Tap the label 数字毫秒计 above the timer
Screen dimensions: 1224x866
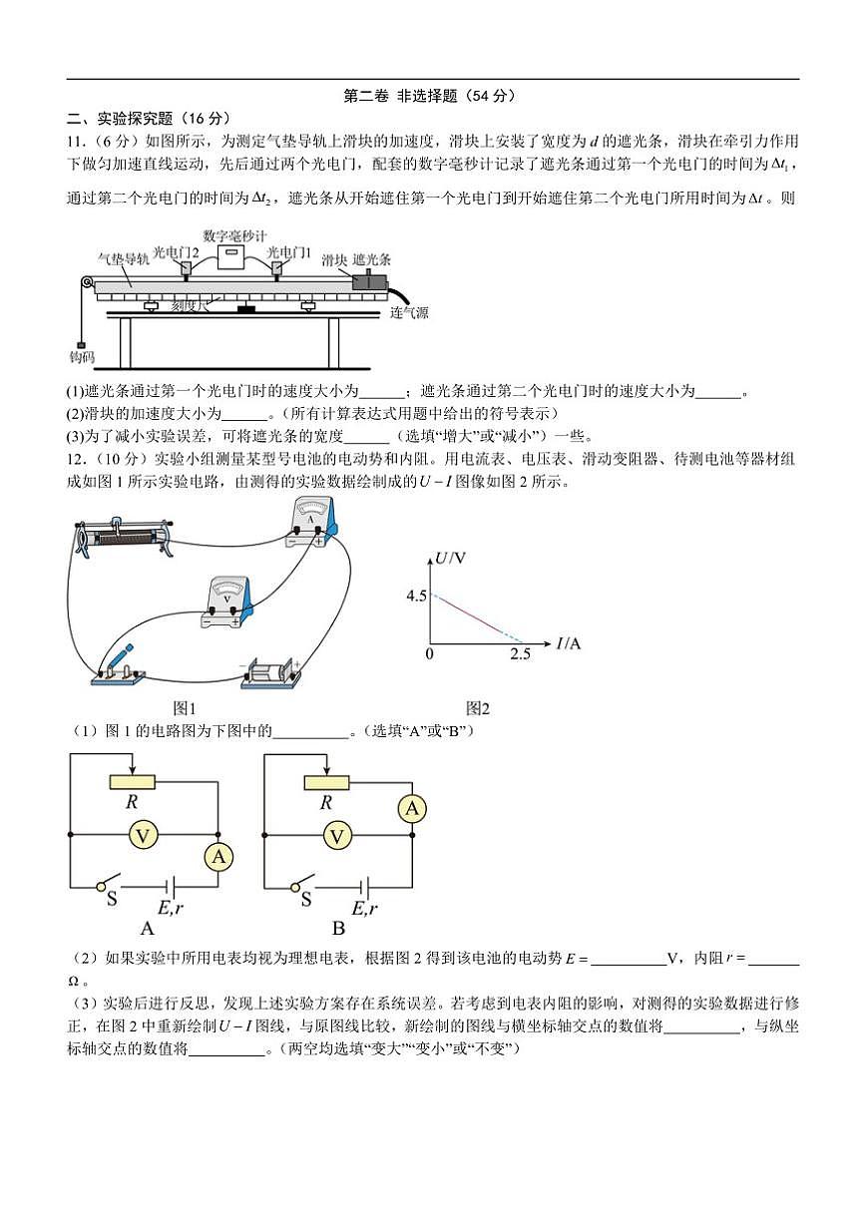pyautogui.click(x=234, y=236)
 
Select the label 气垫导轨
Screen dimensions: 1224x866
pyautogui.click(x=124, y=257)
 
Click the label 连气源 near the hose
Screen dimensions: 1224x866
pyautogui.click(x=409, y=312)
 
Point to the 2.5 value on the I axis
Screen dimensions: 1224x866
pyautogui.click(x=519, y=654)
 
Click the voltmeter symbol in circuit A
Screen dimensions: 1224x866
pyautogui.click(x=144, y=835)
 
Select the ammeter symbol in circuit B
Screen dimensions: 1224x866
pyautogui.click(x=412, y=809)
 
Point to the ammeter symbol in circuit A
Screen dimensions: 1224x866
pyautogui.click(x=218, y=856)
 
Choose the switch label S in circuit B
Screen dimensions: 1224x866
pyautogui.click(x=305, y=900)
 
